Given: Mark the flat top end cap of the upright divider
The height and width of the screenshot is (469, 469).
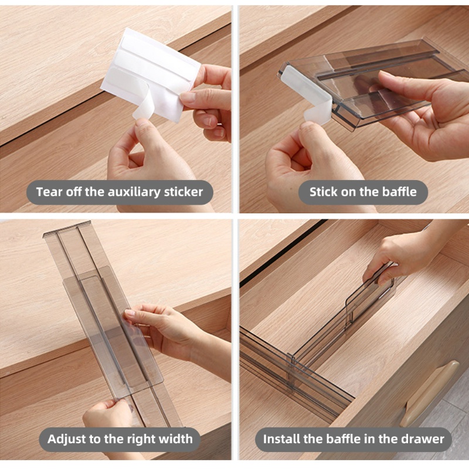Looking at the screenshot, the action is pyautogui.click(x=67, y=228).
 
